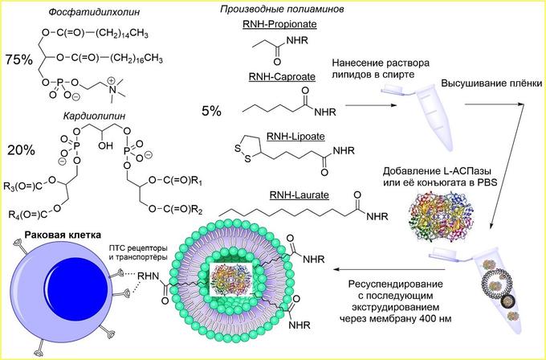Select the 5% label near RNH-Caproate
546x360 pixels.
pos(212,111)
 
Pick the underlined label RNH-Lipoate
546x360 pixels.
pos(271,137)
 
